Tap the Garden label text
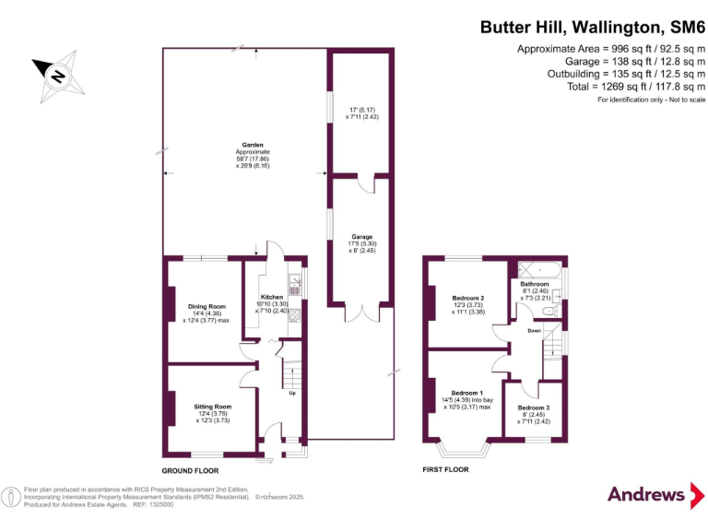(253, 145)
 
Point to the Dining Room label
(206, 306)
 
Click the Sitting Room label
(212, 406)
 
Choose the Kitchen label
(271, 297)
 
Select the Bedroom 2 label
(468, 299)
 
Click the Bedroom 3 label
(534, 407)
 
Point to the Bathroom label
(535, 284)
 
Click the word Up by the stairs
(292, 394)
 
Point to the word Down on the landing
(534, 329)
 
